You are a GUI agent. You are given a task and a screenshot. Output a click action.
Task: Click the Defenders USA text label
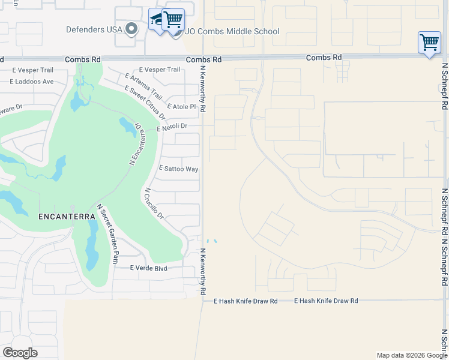[94, 29]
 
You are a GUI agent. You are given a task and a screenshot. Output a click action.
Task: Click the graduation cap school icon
[157, 20]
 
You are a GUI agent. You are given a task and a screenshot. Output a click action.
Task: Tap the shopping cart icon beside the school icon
[173, 20]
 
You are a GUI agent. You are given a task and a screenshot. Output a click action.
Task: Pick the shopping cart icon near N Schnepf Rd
[429, 43]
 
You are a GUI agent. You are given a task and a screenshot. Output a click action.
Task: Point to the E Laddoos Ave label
[32, 82]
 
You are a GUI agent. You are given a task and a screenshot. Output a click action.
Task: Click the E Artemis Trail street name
[143, 86]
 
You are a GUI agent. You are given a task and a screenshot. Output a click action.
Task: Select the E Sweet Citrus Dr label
[145, 103]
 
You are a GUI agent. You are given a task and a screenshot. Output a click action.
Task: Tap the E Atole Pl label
[182, 107]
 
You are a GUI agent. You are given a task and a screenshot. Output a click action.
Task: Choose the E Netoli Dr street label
[172, 127]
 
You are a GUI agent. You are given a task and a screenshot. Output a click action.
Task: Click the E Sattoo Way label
[178, 169]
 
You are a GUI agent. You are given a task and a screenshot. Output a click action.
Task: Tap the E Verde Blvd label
[147, 268]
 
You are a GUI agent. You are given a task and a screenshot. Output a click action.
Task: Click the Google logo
[20, 353]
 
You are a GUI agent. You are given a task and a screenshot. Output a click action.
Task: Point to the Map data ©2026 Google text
[411, 355]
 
